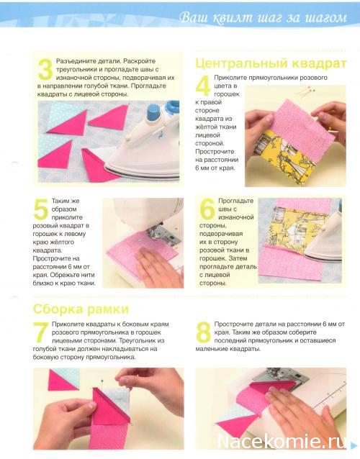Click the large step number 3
(45, 69)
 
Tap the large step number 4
(203, 86)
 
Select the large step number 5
(41, 209)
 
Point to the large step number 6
(207, 209)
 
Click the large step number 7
(40, 332)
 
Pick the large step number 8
(203, 332)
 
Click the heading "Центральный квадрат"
(271, 63)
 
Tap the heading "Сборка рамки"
(81, 309)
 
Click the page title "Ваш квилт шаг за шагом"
(263, 17)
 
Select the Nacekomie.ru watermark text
(282, 441)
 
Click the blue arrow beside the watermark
(354, 445)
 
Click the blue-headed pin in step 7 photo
(102, 381)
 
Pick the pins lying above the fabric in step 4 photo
(305, 91)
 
